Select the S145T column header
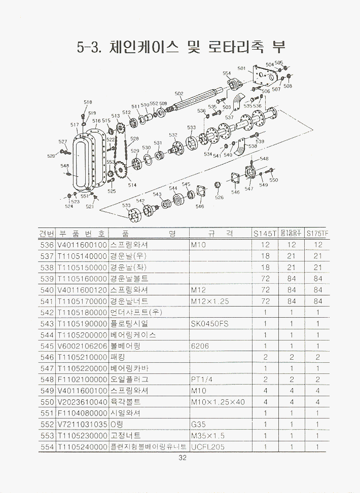(x=265, y=234)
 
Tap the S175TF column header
(x=318, y=234)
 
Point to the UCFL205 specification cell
(x=208, y=447)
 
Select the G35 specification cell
(x=198, y=425)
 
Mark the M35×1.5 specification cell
(x=208, y=436)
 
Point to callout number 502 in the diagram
(x=179, y=94)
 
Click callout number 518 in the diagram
(x=88, y=102)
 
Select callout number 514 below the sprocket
(x=132, y=185)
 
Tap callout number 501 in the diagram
(x=241, y=68)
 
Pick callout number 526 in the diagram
(x=219, y=198)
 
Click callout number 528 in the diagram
(x=134, y=138)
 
